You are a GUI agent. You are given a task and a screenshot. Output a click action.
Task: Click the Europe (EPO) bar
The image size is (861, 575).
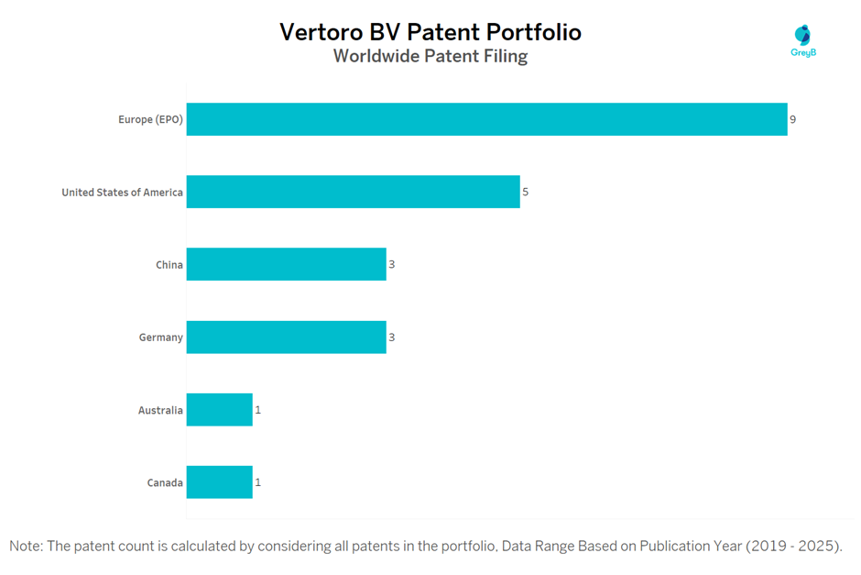[x=486, y=119]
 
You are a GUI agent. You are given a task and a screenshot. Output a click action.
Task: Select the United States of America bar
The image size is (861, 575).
[x=353, y=192]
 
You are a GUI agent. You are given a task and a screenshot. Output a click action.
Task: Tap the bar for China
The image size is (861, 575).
[x=286, y=264]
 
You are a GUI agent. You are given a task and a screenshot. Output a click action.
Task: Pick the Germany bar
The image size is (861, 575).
[x=286, y=337]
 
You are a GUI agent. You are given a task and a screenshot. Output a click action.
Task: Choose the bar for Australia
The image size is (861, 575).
[x=219, y=410]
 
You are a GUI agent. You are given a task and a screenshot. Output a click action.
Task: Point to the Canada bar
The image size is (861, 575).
[x=219, y=482]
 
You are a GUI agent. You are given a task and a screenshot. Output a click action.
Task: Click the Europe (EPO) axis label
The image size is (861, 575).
[x=150, y=119]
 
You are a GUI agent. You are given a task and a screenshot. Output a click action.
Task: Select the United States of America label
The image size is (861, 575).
[x=122, y=193]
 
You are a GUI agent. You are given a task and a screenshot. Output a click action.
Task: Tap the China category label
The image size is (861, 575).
[x=169, y=265]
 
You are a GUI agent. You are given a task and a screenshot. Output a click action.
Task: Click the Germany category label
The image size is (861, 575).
[x=161, y=337]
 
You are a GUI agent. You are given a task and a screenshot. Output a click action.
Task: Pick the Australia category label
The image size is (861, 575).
[x=160, y=410]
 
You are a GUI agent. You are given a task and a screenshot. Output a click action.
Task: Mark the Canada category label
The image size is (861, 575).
[x=165, y=482]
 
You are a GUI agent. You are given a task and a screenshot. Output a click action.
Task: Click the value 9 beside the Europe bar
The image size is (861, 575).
[x=793, y=119]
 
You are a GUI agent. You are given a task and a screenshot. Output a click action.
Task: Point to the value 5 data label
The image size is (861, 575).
[x=526, y=193]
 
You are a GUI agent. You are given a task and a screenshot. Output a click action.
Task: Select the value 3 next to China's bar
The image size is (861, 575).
[x=392, y=265]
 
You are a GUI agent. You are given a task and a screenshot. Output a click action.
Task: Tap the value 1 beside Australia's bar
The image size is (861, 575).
[x=258, y=410]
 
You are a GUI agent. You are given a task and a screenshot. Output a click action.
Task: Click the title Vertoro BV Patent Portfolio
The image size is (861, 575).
[x=430, y=32]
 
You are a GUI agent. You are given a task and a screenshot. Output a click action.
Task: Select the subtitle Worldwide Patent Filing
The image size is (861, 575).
[x=430, y=56]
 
